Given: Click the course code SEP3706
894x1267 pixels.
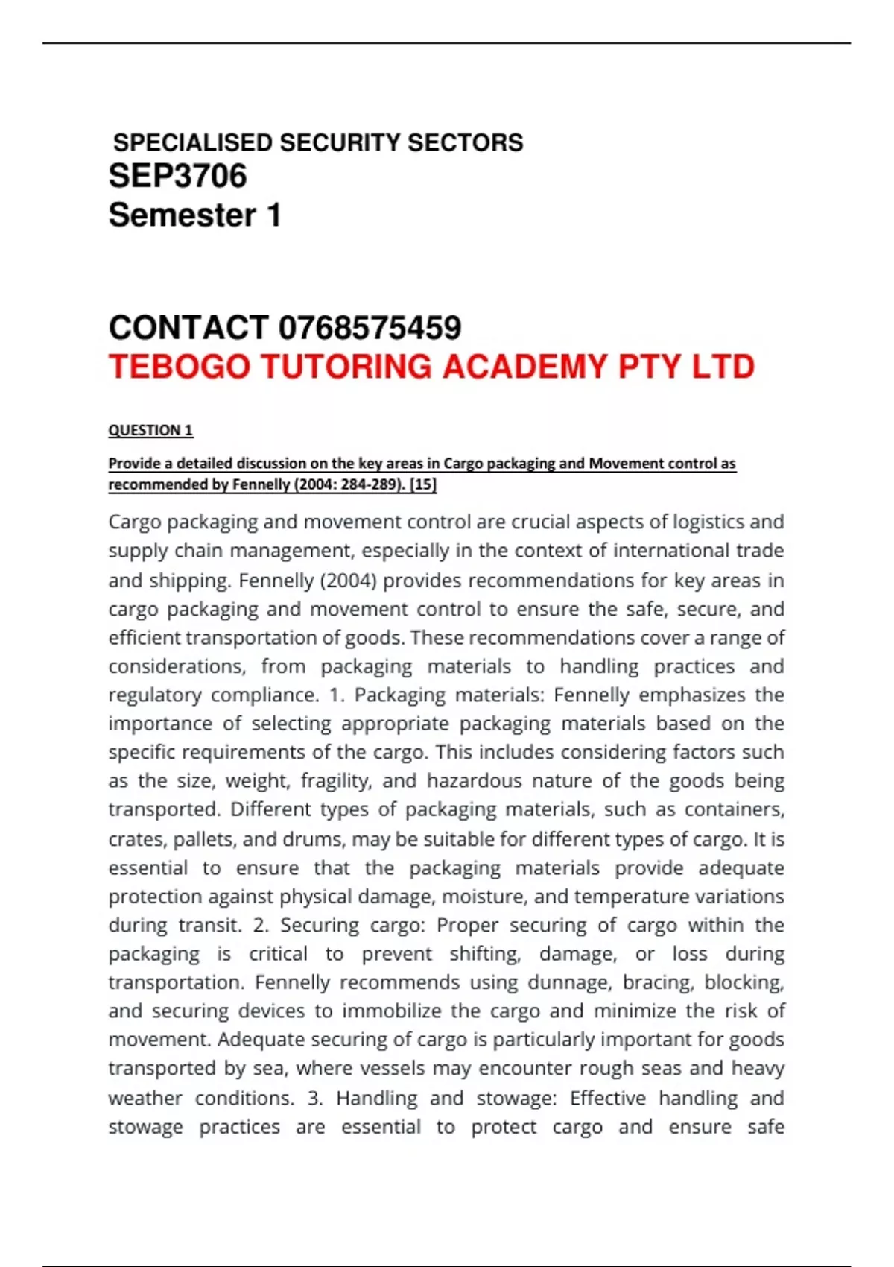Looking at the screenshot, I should [177, 177].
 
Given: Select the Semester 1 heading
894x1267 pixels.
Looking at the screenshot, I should [194, 215].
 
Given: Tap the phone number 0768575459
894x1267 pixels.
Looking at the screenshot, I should [370, 328].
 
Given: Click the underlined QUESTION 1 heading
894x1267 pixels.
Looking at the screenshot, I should [150, 430].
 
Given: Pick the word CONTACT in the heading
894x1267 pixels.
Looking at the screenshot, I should [188, 328].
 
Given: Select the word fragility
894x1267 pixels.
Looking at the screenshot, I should [336, 781].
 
